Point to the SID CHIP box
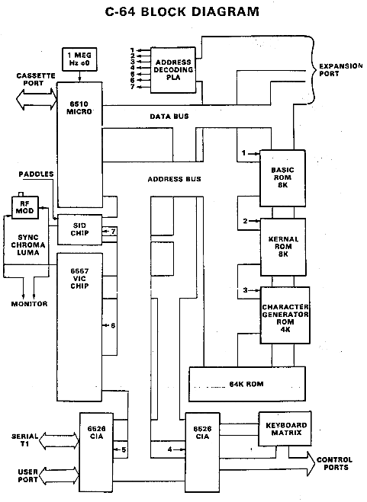point(79,229)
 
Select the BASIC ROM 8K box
point(282,177)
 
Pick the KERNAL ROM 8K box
point(282,245)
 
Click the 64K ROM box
point(246,383)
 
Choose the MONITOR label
point(28,303)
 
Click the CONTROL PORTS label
point(334,464)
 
